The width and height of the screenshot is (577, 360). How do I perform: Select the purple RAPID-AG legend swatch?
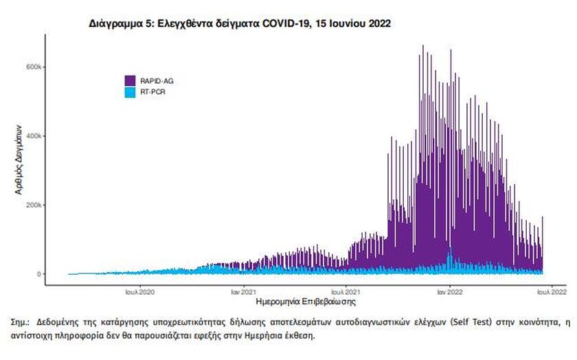pos(129,81)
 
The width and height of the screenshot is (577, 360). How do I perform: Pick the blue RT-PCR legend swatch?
pos(129,91)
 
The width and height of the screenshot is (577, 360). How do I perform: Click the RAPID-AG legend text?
pos(155,81)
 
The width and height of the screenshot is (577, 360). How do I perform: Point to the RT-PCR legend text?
pos(152,91)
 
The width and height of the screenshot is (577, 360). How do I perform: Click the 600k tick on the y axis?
pos(36,67)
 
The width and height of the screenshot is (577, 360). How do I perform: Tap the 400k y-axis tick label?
pos(36,136)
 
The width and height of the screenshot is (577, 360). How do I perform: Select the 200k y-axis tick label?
pos(36,205)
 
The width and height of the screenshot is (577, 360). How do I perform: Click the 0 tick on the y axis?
pos(41,274)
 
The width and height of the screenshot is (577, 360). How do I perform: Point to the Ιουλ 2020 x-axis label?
pos(140,291)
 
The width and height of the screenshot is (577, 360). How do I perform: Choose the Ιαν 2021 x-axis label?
pos(243,291)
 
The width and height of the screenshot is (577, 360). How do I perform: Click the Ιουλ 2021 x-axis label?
pos(348,291)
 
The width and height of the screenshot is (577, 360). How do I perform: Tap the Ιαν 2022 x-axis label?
pos(449,291)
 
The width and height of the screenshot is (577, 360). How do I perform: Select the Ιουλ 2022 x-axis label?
pos(552,291)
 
